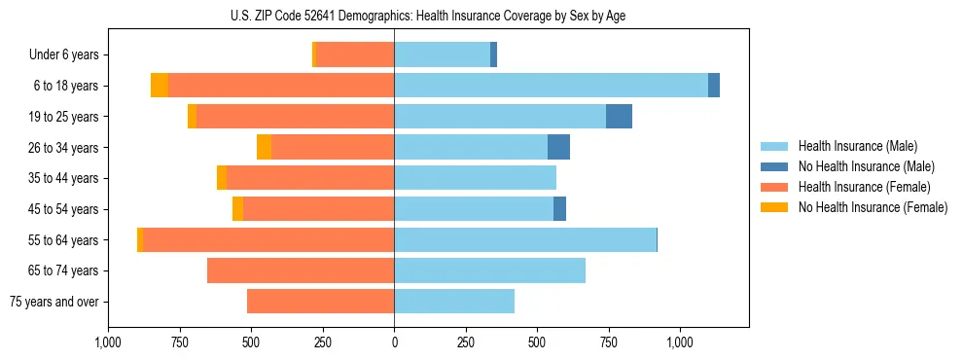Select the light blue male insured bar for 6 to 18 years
click(551, 86)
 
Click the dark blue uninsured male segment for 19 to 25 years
click(619, 117)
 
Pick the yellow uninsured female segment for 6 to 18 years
click(160, 86)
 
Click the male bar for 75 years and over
click(454, 302)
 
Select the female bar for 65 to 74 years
click(301, 270)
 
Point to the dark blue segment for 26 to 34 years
click(558, 148)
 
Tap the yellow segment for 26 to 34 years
click(264, 148)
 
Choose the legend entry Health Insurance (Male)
click(857, 146)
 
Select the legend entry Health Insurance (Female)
click(864, 187)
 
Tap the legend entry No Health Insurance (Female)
click(873, 207)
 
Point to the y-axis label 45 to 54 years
click(63, 209)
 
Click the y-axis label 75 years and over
click(54, 302)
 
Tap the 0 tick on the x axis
click(394, 342)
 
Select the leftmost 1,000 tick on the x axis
click(108, 342)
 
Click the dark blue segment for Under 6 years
click(493, 55)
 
